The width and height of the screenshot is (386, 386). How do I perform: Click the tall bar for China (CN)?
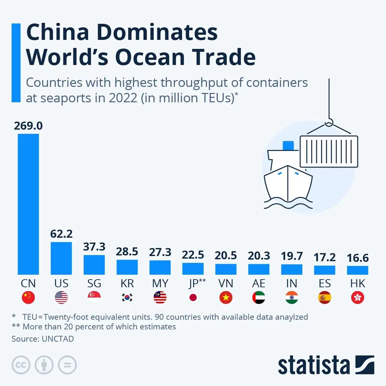(x=28, y=204)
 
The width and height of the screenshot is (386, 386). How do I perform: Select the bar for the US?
(x=61, y=258)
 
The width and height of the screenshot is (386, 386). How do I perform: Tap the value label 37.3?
(x=94, y=247)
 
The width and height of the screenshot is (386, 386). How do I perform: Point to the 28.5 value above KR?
(x=127, y=252)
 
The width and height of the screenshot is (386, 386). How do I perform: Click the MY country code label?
(x=160, y=283)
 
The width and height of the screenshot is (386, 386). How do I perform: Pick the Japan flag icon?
(x=193, y=298)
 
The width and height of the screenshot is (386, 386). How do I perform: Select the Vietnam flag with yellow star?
(x=226, y=298)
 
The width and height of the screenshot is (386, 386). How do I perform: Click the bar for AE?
(x=259, y=269)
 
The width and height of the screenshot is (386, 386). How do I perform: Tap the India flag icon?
(x=292, y=298)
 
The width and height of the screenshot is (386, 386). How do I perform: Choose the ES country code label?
(x=325, y=283)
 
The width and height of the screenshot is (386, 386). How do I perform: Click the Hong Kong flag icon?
(x=358, y=298)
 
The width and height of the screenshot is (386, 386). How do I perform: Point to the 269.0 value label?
(x=28, y=126)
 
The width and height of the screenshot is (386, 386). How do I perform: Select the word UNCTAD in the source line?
(x=58, y=339)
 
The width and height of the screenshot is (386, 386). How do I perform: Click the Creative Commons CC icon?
(x=21, y=365)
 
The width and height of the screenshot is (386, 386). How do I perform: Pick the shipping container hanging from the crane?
(x=329, y=152)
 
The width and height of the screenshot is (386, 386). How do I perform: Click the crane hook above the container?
(x=329, y=123)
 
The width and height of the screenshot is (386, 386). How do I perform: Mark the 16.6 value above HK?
(x=358, y=258)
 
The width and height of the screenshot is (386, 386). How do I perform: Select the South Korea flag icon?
(x=127, y=298)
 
